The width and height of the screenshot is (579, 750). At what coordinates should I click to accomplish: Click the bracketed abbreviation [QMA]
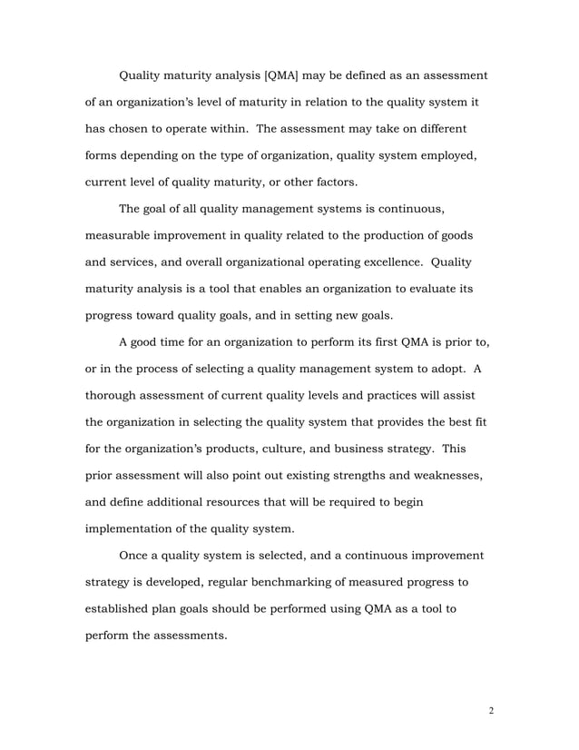coord(285,74)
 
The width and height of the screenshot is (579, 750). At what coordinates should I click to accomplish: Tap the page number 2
coord(490,710)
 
